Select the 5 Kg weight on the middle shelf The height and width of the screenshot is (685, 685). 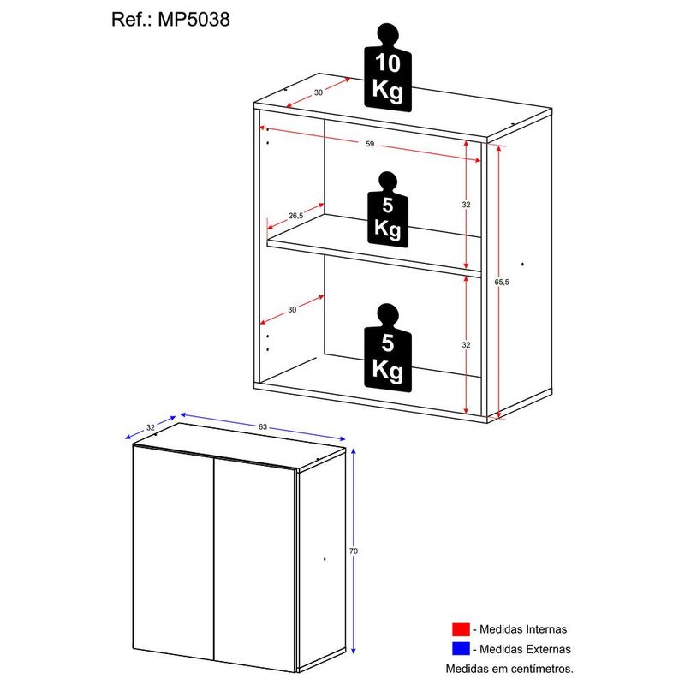tap(387, 214)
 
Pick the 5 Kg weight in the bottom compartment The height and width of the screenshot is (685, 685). tap(387, 346)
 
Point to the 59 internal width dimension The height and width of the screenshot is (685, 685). tap(370, 145)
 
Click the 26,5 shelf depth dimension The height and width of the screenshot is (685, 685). tap(295, 216)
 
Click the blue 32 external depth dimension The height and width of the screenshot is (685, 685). tap(151, 426)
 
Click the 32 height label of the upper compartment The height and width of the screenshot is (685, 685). tap(467, 205)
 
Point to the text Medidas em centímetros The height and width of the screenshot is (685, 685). tap(509, 668)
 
